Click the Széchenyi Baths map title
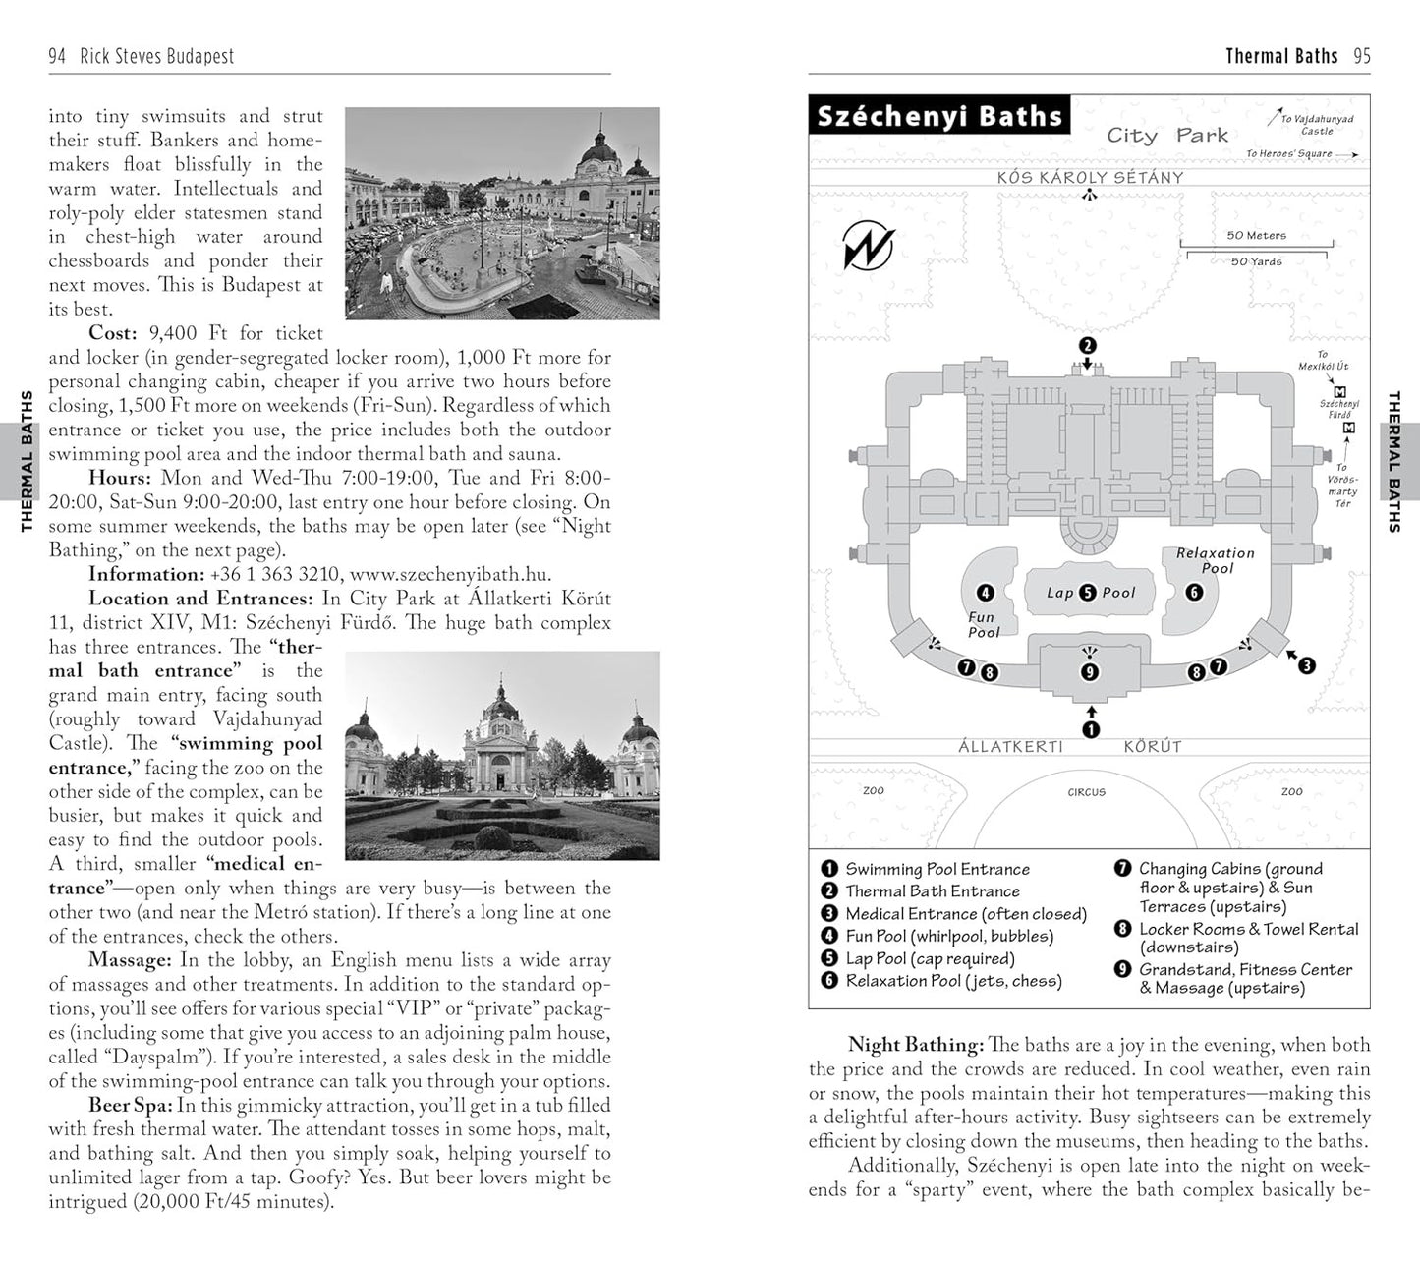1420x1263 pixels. pos(939,116)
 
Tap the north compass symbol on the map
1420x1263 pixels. pos(869,246)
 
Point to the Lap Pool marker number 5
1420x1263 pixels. pos(1087,592)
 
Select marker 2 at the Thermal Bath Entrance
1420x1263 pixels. pos(1087,345)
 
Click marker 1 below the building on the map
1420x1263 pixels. pos(1090,729)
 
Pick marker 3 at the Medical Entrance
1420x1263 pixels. pos(1306,665)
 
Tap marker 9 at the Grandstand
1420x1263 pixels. pos(1089,672)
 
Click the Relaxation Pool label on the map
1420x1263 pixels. pos(1216,560)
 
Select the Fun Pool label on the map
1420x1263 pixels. pos(982,624)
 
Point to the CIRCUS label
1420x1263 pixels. pos(1086,792)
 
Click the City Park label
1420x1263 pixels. pos(1166,136)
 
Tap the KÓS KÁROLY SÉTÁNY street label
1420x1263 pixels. pos(1090,178)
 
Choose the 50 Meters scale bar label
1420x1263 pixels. pos(1256,235)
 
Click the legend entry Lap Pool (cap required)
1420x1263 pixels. pos(930,958)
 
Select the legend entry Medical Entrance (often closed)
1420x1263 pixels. pos(965,914)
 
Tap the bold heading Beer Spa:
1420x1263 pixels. pos(131,1106)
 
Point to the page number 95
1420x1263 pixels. pos(1361,56)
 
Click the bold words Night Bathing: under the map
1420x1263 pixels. pos(915,1045)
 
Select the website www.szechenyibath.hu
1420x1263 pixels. pos(450,575)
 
